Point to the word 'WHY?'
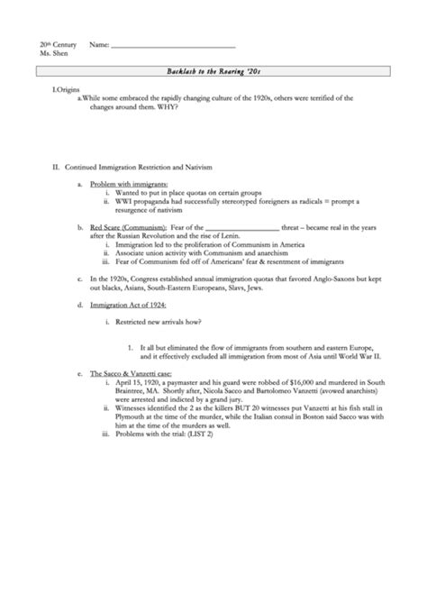click(x=166, y=107)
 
